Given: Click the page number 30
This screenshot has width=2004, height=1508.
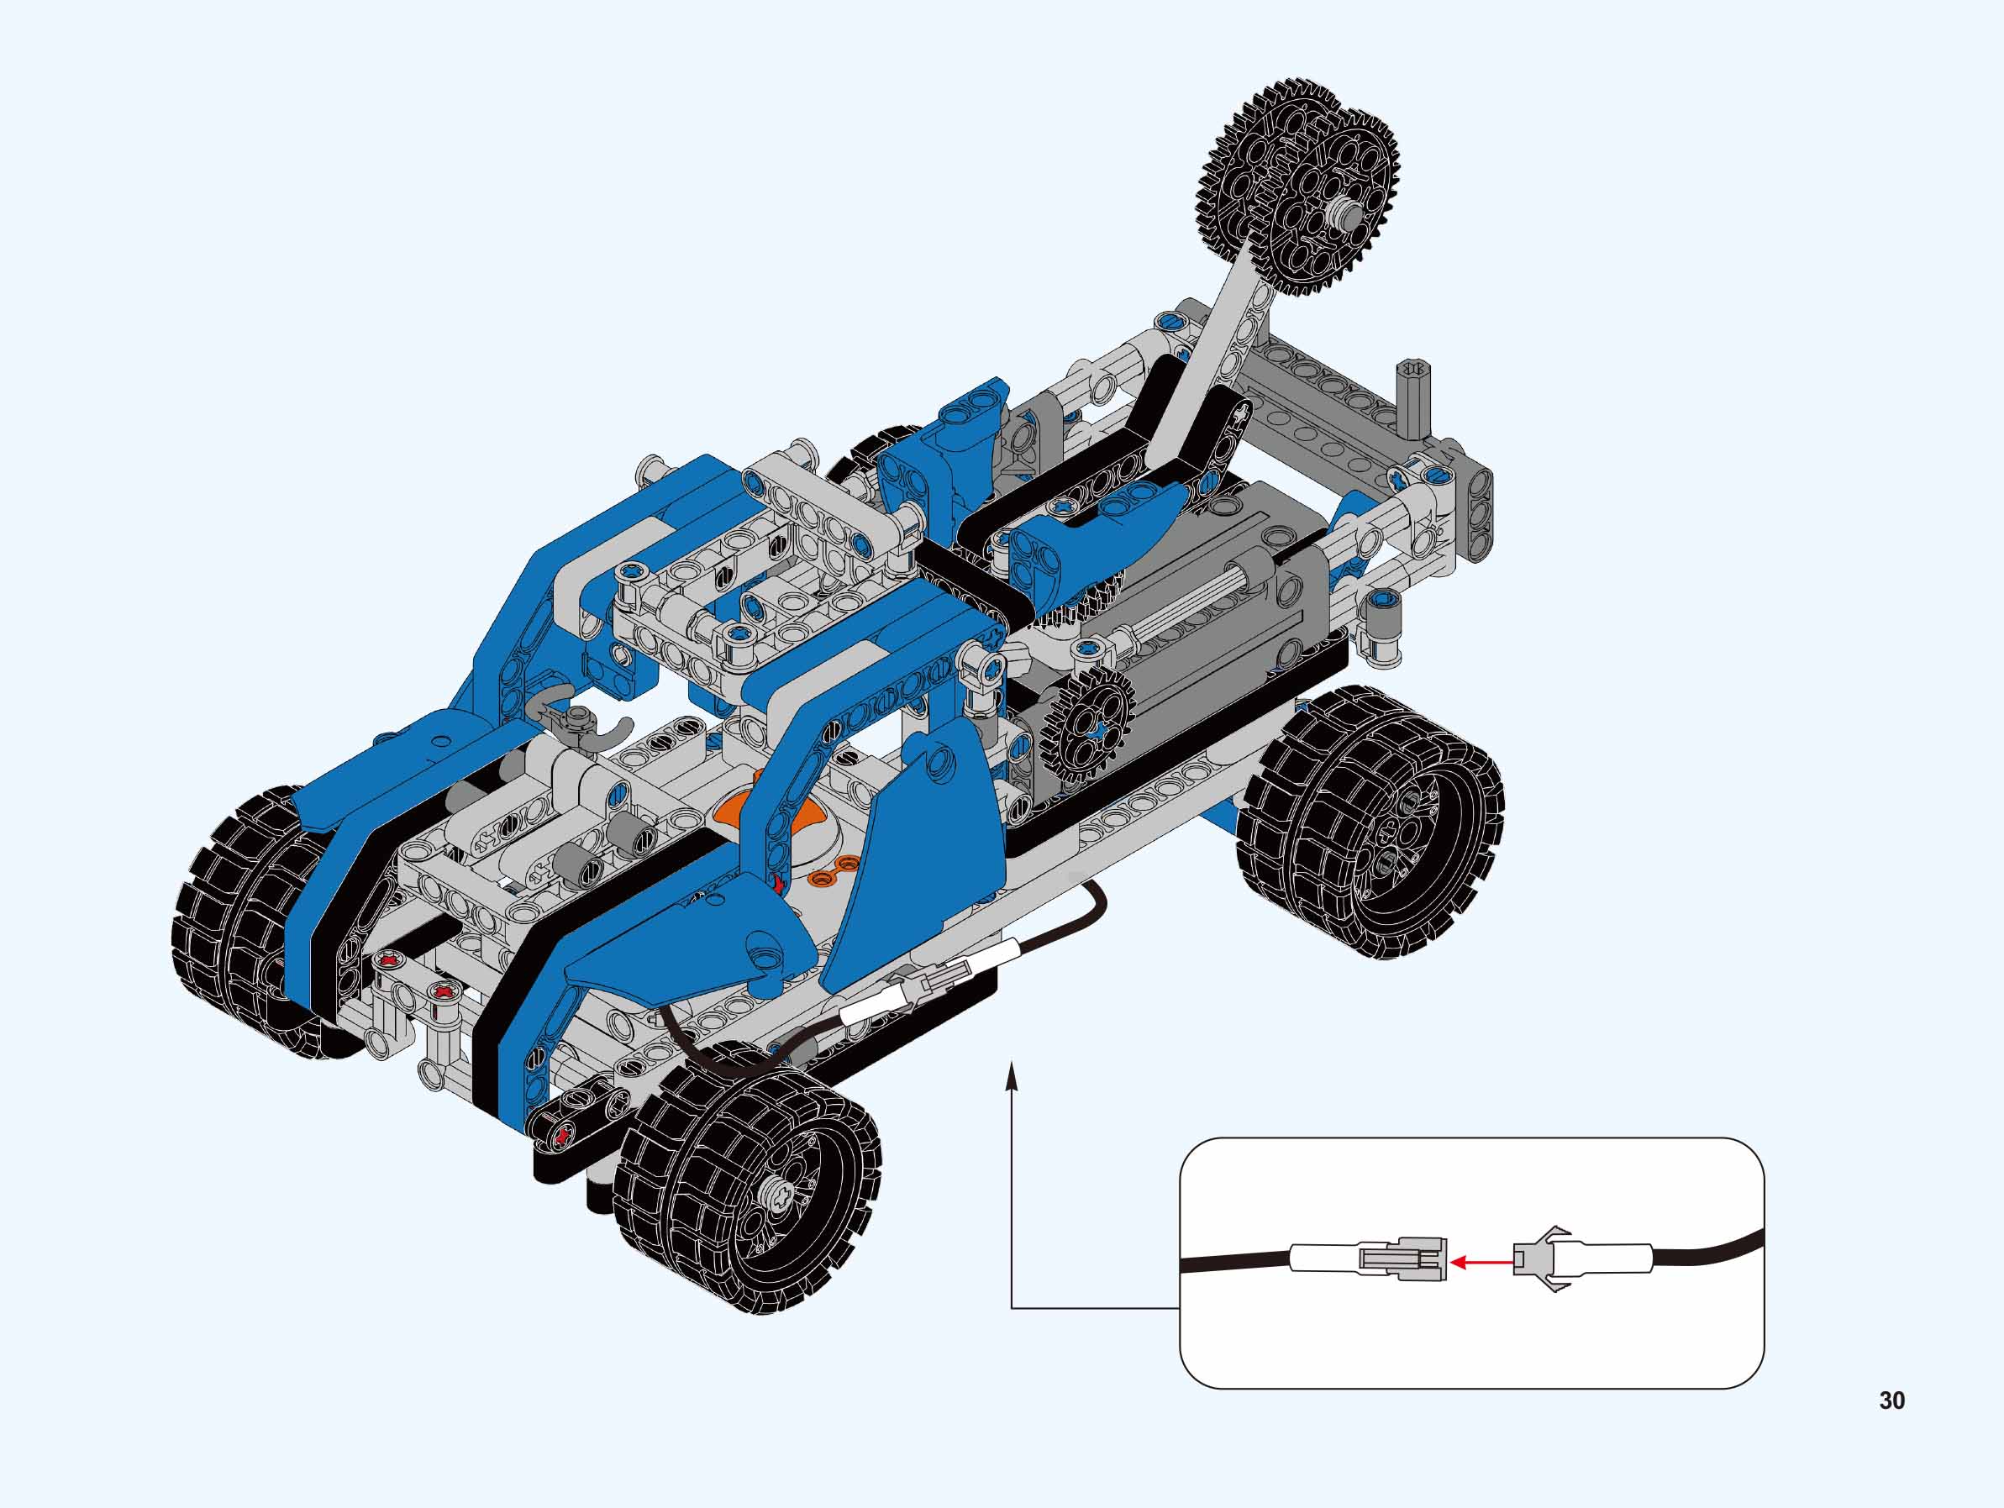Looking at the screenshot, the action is point(1891,1400).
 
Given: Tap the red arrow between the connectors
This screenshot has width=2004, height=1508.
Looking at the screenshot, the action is point(1481,1260).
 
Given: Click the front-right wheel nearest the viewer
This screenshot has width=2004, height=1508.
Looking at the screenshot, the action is point(748,1178).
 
